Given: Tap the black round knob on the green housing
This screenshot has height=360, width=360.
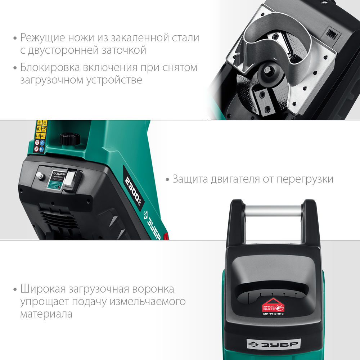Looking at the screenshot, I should coord(69,139).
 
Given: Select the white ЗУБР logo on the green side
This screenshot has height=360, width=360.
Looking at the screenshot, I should coord(152,225).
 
